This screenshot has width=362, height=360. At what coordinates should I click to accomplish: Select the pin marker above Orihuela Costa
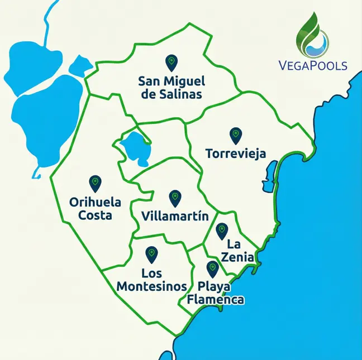[x=94, y=183]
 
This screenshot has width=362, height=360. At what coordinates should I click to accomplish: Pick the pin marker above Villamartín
[x=175, y=197]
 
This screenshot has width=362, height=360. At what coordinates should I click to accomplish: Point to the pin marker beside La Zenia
[x=221, y=229]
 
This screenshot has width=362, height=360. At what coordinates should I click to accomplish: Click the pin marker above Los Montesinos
[x=151, y=255]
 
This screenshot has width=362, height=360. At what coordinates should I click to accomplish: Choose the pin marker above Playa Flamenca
[x=212, y=268]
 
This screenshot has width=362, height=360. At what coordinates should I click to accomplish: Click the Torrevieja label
[x=235, y=153]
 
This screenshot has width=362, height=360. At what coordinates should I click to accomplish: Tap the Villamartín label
[x=175, y=216]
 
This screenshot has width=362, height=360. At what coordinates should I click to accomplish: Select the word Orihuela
[x=95, y=202]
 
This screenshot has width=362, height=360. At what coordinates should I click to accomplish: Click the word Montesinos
[x=151, y=286]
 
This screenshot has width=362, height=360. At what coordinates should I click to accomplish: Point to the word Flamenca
[x=216, y=300]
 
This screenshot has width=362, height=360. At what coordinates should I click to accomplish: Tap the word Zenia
[x=241, y=257]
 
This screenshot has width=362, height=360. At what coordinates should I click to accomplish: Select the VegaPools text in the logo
[x=313, y=65]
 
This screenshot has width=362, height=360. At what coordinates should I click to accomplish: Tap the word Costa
[x=95, y=215]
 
